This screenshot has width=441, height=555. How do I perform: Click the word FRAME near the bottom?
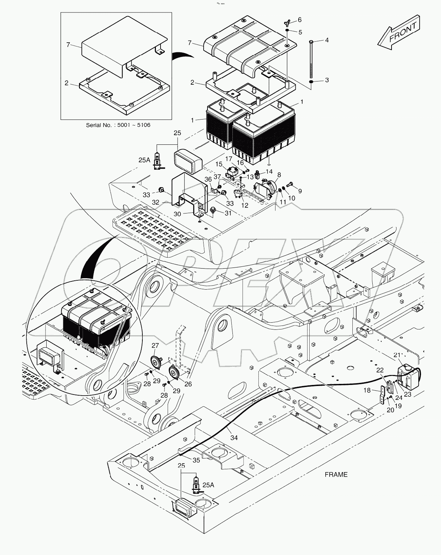(336, 474)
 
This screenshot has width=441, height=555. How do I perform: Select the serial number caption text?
(118, 125)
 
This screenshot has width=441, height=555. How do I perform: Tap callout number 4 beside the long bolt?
(326, 40)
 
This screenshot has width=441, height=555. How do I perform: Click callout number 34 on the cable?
(233, 438)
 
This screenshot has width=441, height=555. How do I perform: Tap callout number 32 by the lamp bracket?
(156, 202)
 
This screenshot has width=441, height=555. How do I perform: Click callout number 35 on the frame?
(196, 460)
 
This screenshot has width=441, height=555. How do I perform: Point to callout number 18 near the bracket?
(367, 390)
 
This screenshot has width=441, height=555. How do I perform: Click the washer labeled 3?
(311, 82)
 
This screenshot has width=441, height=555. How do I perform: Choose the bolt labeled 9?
(289, 184)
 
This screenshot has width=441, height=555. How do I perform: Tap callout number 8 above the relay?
(279, 175)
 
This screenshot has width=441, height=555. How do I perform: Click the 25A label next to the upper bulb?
(144, 160)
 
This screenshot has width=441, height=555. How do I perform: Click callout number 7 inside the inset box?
(68, 44)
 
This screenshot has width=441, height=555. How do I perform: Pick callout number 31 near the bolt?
(227, 213)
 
